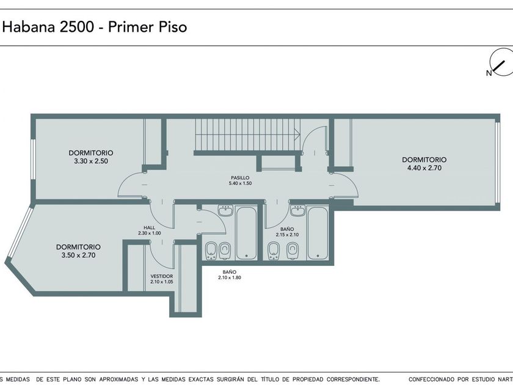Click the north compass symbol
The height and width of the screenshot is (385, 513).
click(501, 62)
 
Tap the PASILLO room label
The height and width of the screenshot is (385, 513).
click(240, 178)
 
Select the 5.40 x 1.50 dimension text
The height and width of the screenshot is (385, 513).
click(241, 183)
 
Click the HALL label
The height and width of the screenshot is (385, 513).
click(150, 227)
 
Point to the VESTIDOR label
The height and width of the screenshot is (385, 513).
click(162, 276)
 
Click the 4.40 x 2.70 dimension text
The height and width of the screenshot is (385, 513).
click(424, 168)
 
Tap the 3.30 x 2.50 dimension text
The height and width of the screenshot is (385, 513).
click(91, 161)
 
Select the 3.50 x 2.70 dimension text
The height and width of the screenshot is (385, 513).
click(79, 255)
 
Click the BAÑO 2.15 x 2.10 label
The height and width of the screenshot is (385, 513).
click(287, 232)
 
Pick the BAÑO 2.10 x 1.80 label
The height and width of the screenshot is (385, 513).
click(230, 274)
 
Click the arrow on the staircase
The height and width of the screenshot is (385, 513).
click(297, 134)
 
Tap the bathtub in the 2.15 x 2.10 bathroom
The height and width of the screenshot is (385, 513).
click(318, 232)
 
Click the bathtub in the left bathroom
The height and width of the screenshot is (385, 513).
click(246, 232)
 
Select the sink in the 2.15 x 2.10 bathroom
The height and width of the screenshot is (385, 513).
click(297, 211)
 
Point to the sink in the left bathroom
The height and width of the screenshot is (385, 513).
click(226, 211)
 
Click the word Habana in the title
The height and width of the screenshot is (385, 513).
click(29, 27)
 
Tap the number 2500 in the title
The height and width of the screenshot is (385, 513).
click(77, 27)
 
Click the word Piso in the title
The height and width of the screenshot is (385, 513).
click(173, 27)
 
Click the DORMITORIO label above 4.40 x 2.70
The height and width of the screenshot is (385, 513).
click(424, 159)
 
